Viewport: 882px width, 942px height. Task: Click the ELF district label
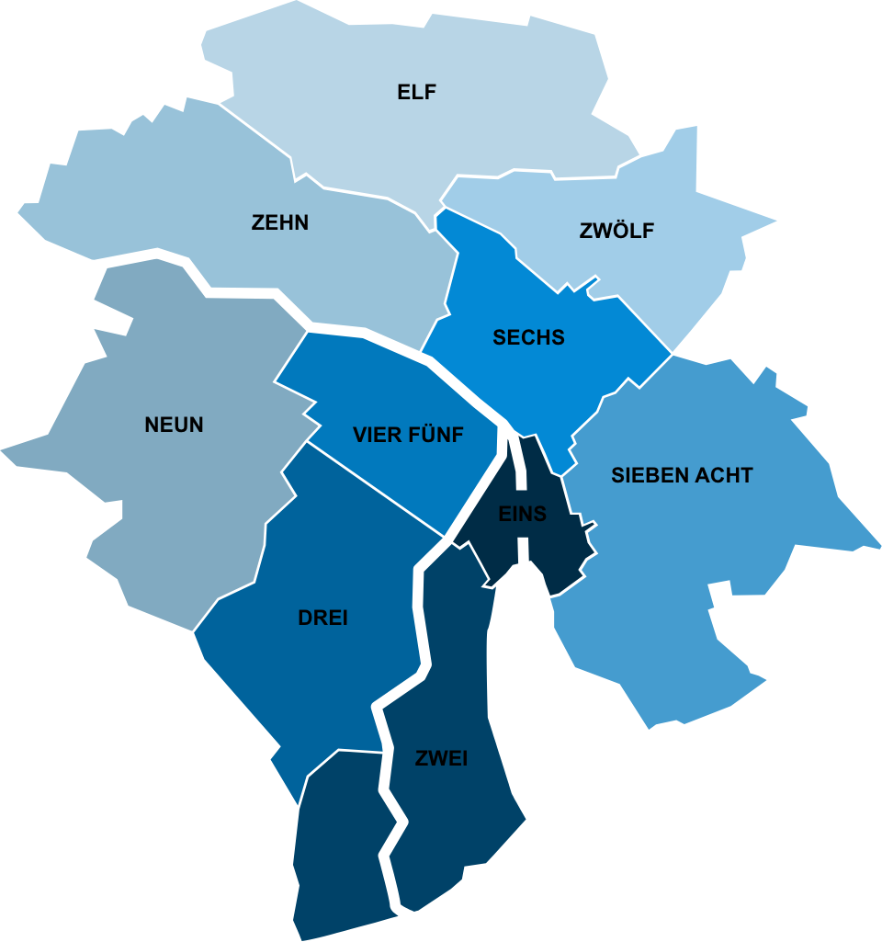click(416, 92)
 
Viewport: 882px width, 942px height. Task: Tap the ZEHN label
click(280, 222)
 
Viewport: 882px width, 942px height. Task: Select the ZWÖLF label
click(616, 231)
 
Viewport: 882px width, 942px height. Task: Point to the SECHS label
click(528, 337)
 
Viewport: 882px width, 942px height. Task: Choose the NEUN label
click(174, 425)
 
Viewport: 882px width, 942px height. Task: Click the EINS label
click(522, 514)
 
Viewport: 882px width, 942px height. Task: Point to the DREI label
click(322, 618)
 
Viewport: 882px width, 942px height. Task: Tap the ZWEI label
click(441, 758)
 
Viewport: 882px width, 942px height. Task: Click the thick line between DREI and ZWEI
click(421, 625)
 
